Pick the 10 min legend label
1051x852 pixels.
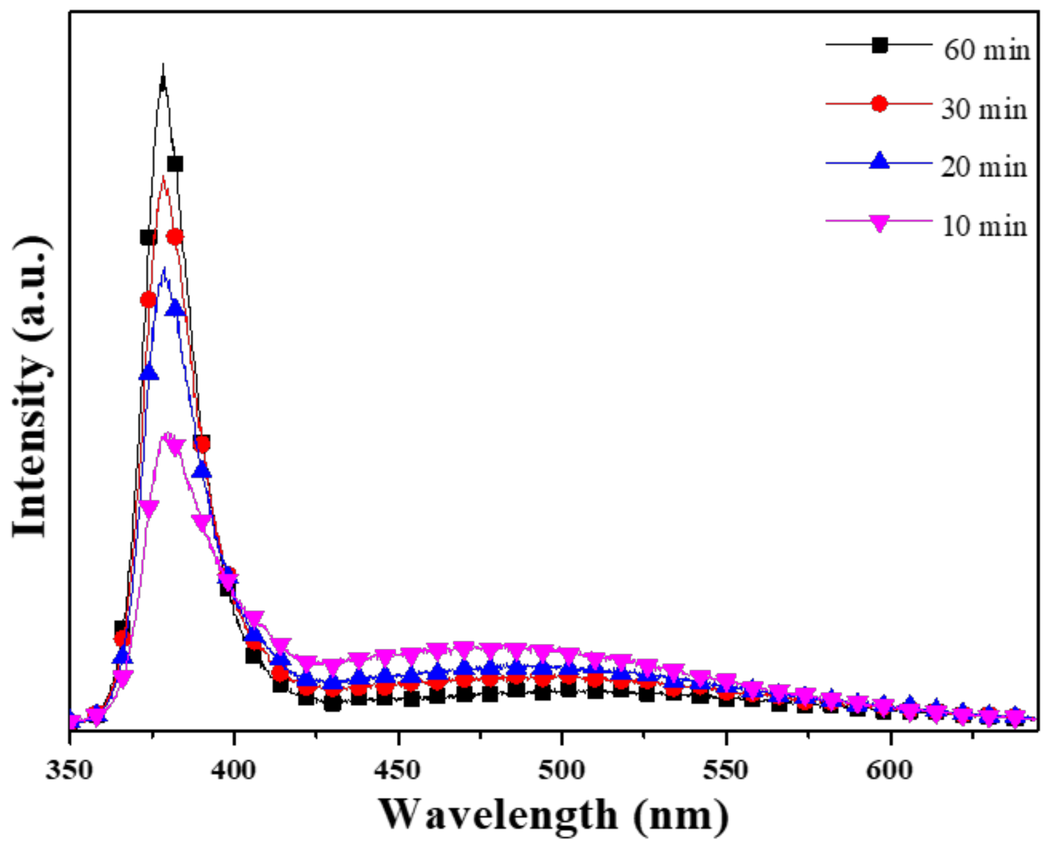tap(984, 226)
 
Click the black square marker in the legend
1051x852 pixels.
tap(879, 45)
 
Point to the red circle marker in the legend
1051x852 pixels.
tap(879, 104)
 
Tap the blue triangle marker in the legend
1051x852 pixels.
tap(879, 161)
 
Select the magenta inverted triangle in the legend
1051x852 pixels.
tap(879, 223)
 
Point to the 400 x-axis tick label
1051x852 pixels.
tap(234, 770)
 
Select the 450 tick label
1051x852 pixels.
tap(398, 770)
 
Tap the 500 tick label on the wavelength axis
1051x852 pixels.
tap(562, 770)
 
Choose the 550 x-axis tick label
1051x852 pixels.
tap(725, 770)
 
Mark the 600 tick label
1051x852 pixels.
tap(889, 770)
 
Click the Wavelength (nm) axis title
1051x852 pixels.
tap(554, 815)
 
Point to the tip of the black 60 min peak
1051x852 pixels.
tap(163, 65)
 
